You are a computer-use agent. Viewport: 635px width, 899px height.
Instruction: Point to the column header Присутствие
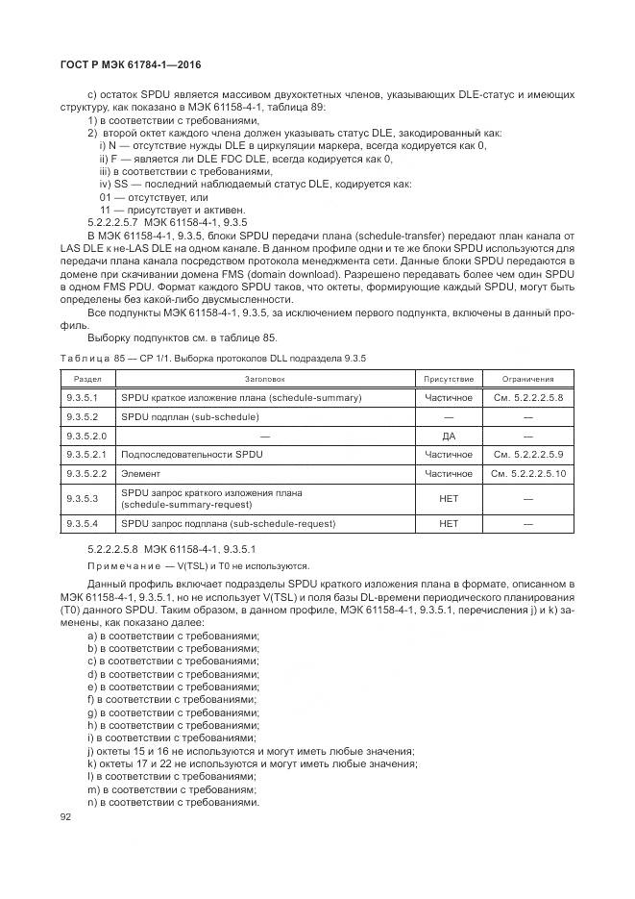[x=448, y=380]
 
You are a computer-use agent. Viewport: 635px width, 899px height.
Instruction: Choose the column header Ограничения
[x=527, y=380]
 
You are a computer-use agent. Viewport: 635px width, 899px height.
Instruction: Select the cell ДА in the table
[x=448, y=436]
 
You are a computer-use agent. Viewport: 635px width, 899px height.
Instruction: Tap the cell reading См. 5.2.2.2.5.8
[x=527, y=398]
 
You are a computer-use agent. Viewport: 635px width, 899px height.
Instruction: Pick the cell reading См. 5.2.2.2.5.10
[x=527, y=473]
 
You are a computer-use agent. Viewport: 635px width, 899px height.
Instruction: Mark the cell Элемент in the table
[x=140, y=473]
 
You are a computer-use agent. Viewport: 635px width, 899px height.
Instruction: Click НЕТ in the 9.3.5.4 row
[x=448, y=524]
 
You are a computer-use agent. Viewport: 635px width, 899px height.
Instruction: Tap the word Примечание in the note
[x=119, y=566]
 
